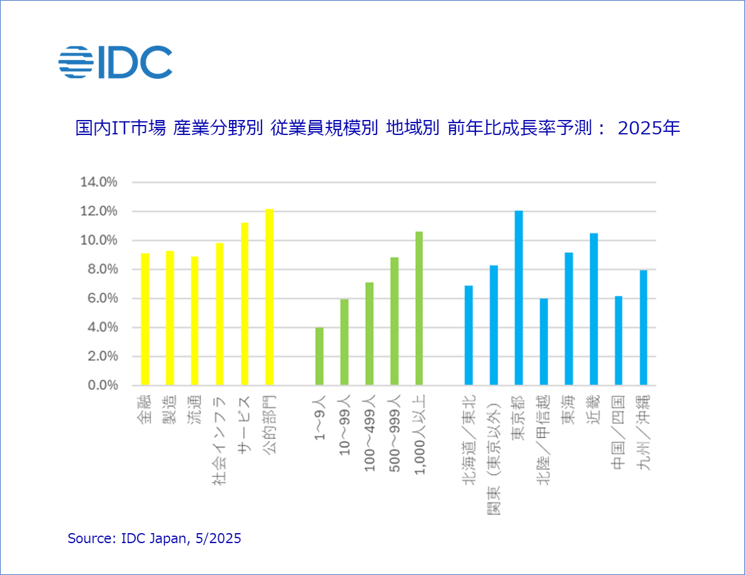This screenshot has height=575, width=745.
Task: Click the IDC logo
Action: click(x=115, y=62)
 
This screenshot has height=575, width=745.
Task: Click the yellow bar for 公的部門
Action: click(x=269, y=297)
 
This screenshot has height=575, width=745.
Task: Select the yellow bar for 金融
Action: click(x=145, y=319)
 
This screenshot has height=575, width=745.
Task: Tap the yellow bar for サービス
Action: click(x=245, y=304)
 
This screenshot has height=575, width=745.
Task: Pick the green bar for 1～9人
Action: click(x=319, y=356)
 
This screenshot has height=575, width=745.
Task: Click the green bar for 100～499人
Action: click(x=369, y=334)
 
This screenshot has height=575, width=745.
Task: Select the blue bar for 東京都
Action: click(x=519, y=297)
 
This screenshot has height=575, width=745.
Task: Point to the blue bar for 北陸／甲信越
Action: click(x=544, y=342)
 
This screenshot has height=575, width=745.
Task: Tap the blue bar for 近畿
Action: click(x=594, y=309)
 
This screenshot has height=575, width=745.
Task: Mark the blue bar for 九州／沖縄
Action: click(x=643, y=327)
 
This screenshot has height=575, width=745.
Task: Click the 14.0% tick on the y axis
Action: click(x=99, y=182)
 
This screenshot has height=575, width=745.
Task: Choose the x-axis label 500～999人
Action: click(x=394, y=434)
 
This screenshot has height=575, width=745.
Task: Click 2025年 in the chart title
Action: click(x=649, y=128)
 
